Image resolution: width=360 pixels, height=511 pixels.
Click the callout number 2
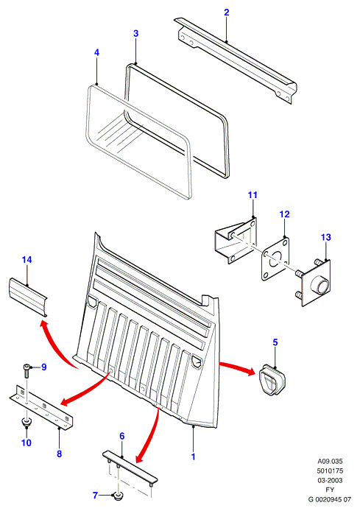[x=227, y=13]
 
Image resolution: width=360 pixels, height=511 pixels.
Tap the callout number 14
[x=27, y=260]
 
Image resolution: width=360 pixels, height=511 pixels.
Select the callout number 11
[x=253, y=195]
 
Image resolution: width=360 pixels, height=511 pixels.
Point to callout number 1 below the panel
[x=193, y=457]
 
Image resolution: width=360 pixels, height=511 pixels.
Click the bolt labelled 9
[x=27, y=370]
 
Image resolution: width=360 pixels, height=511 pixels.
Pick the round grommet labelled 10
[x=26, y=422]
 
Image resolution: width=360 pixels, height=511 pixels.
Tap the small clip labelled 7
[x=117, y=497]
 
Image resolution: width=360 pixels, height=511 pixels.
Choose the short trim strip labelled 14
[x=28, y=297]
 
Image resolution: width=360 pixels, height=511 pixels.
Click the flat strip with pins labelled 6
[x=130, y=465]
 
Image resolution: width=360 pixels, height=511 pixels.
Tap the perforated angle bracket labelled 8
[x=40, y=407]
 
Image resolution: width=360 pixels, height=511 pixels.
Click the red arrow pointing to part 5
[x=237, y=367]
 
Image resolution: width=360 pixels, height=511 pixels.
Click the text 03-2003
[x=330, y=480]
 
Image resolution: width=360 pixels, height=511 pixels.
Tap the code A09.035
[x=330, y=461]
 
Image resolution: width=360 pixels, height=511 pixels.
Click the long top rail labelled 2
[x=236, y=60]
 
